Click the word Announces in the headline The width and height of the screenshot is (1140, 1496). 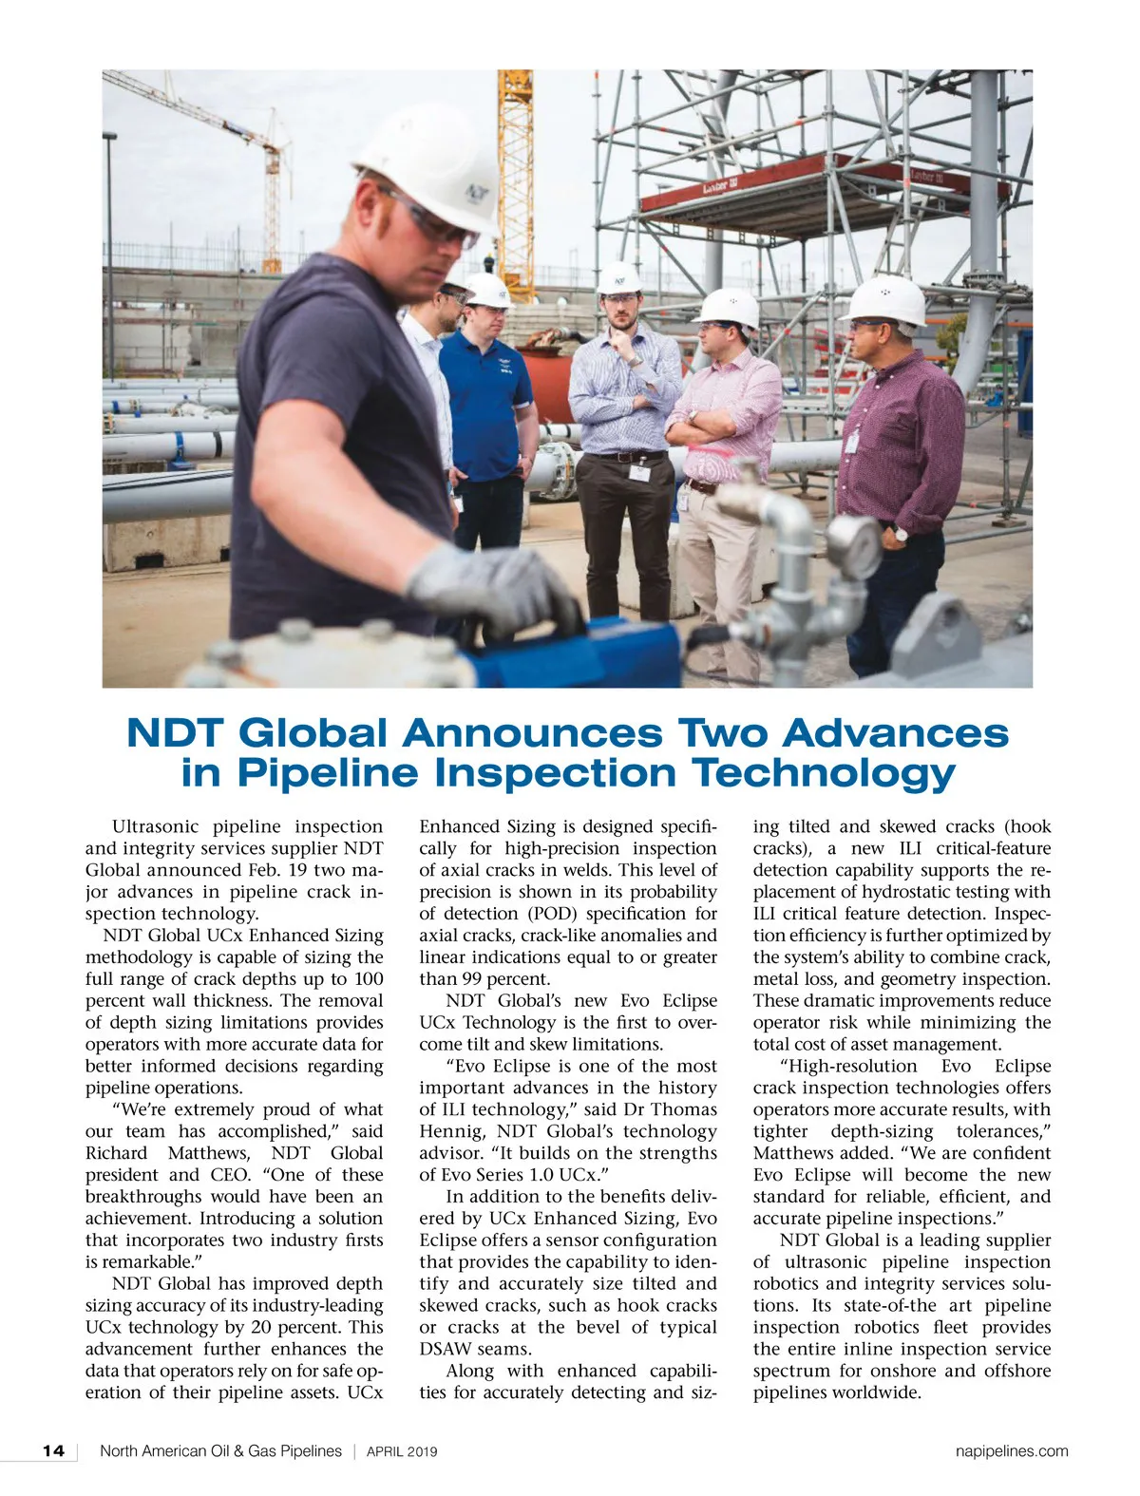532,733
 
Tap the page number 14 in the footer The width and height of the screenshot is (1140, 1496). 53,1450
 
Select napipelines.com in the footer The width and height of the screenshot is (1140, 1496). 1012,1450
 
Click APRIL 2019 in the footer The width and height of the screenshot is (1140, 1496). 402,1451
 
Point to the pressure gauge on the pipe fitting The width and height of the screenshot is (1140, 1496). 853,547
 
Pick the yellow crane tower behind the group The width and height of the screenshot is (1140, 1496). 516,171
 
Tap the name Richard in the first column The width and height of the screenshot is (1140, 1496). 116,1153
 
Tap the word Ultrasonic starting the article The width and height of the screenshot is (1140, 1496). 156,826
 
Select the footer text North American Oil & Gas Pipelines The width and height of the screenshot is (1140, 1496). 220,1451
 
